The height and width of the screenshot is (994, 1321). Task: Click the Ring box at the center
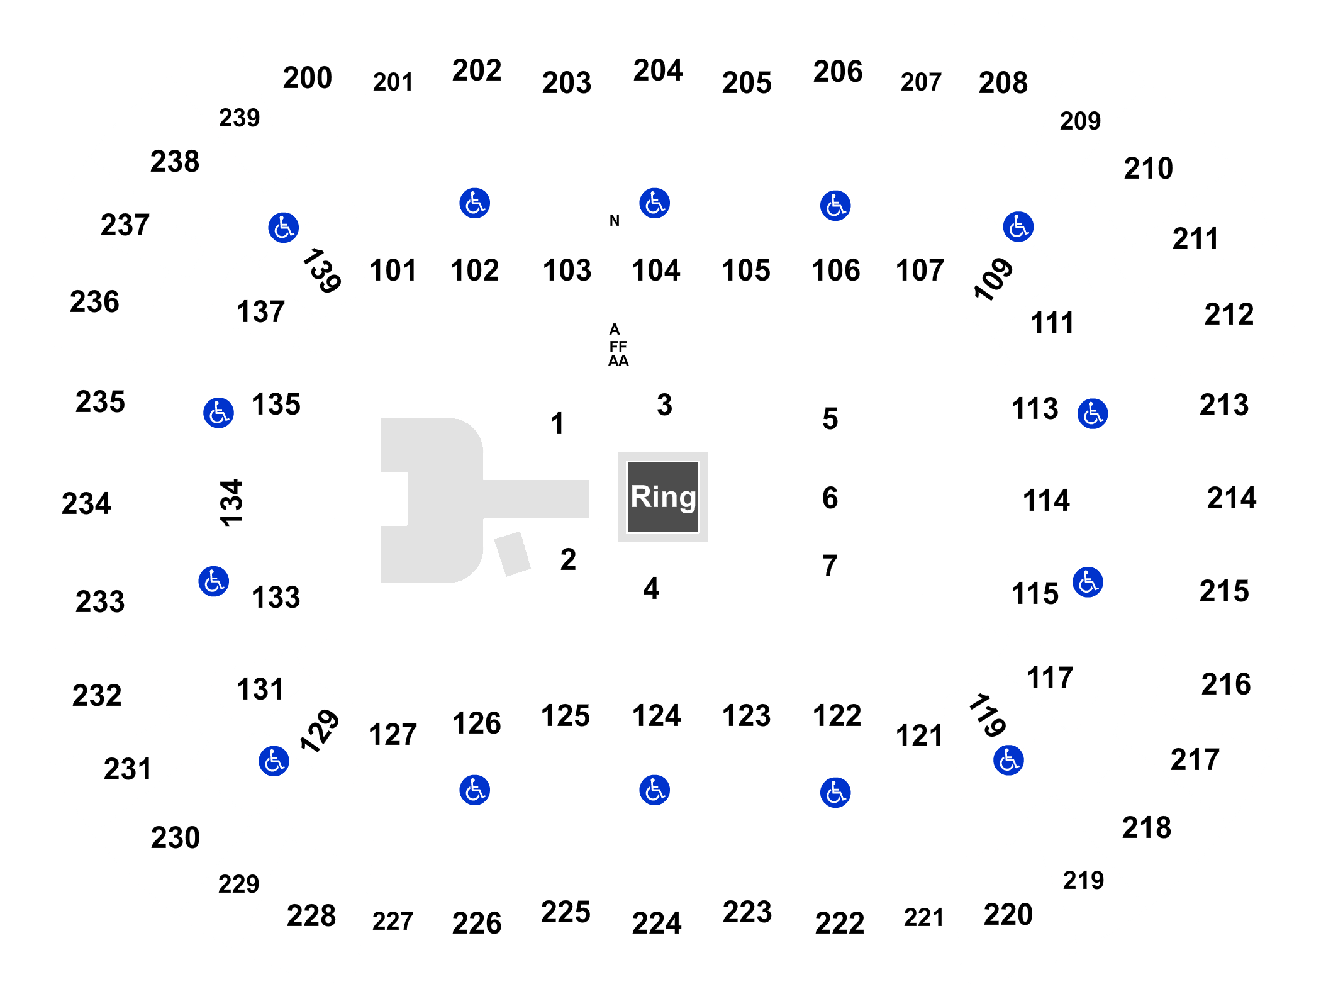click(663, 497)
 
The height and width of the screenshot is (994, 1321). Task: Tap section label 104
click(655, 271)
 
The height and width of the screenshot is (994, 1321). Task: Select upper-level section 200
click(307, 78)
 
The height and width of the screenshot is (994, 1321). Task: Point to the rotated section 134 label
click(231, 502)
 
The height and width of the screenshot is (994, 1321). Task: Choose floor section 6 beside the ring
click(830, 498)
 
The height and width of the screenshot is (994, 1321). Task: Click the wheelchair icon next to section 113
click(1093, 414)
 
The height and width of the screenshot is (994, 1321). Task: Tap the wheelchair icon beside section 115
click(1088, 583)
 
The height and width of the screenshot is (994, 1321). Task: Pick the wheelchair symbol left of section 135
click(218, 413)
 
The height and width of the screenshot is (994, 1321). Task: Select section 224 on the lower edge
click(657, 923)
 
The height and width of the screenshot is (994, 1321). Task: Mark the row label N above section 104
click(615, 221)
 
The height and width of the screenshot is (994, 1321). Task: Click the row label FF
click(618, 347)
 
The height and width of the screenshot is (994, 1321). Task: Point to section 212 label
click(1229, 315)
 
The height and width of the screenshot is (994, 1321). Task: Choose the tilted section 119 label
click(988, 715)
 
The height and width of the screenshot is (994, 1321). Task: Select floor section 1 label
click(557, 423)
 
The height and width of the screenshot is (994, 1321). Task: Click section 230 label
click(175, 838)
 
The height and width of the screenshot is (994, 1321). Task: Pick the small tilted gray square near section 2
click(513, 554)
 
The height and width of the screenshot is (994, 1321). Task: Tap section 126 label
click(476, 723)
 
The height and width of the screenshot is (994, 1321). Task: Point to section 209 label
click(1080, 121)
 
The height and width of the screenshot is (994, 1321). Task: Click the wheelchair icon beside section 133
click(214, 581)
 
